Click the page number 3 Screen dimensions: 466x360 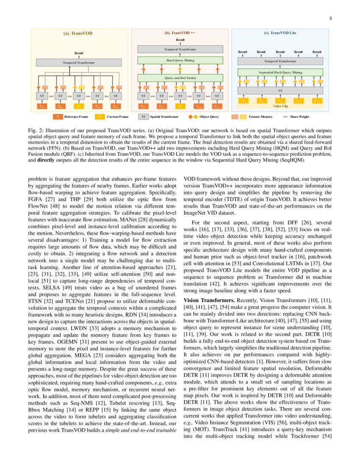click(330, 18)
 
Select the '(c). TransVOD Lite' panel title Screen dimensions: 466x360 click(280, 33)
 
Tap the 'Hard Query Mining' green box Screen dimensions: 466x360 click(180, 60)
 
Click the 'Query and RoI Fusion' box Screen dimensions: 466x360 click(180, 78)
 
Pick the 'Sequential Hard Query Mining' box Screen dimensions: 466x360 click(280, 72)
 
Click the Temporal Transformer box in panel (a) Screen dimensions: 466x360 click(79, 62)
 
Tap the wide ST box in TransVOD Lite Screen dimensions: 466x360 click(280, 90)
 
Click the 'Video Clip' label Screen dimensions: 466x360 click(280, 106)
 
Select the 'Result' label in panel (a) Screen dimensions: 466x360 click(79, 53)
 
